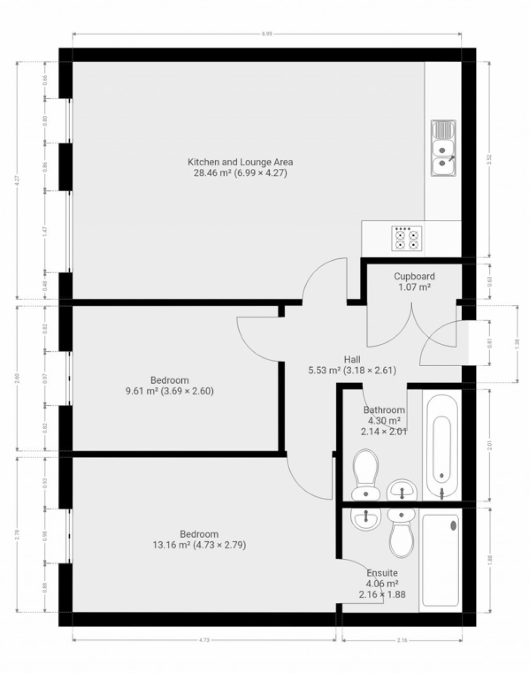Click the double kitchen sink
(443, 149)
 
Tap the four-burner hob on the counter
(407, 239)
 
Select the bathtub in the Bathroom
(442, 445)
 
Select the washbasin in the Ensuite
(366, 518)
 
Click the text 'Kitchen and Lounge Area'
(240, 162)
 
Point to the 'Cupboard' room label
(414, 276)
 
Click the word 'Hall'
(352, 359)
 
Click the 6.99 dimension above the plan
(267, 34)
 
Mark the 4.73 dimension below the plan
(204, 640)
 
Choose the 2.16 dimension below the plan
(402, 640)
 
